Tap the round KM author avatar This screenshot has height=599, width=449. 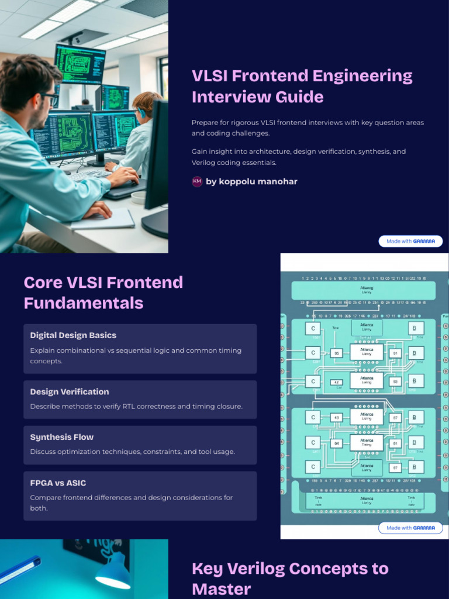click(197, 181)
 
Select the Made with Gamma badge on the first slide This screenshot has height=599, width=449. click(410, 241)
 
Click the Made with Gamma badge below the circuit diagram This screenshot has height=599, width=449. click(410, 528)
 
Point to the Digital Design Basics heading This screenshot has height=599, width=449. click(73, 335)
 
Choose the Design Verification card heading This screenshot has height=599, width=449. click(70, 391)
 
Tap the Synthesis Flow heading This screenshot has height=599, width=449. click(62, 437)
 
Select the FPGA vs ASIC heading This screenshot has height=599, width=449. click(58, 483)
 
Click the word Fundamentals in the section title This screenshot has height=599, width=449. click(84, 303)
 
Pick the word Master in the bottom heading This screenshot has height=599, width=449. click(222, 588)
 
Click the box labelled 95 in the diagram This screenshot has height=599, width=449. click(337, 353)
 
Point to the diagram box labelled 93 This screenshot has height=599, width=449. click(395, 381)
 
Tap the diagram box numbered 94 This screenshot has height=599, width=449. click(337, 443)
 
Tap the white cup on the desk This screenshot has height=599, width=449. click(139, 197)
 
